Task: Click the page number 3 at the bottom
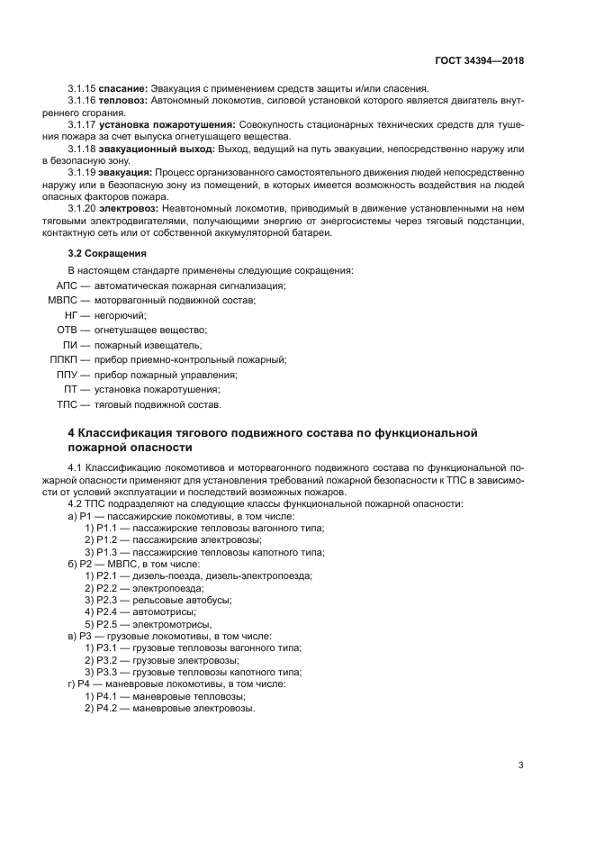(x=520, y=765)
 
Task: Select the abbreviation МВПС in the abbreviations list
(x=65, y=300)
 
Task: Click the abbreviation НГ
(x=73, y=315)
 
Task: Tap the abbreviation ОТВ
(x=69, y=330)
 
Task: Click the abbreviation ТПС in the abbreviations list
(x=69, y=404)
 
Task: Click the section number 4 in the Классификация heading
(x=71, y=432)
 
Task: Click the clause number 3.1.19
(x=81, y=171)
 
